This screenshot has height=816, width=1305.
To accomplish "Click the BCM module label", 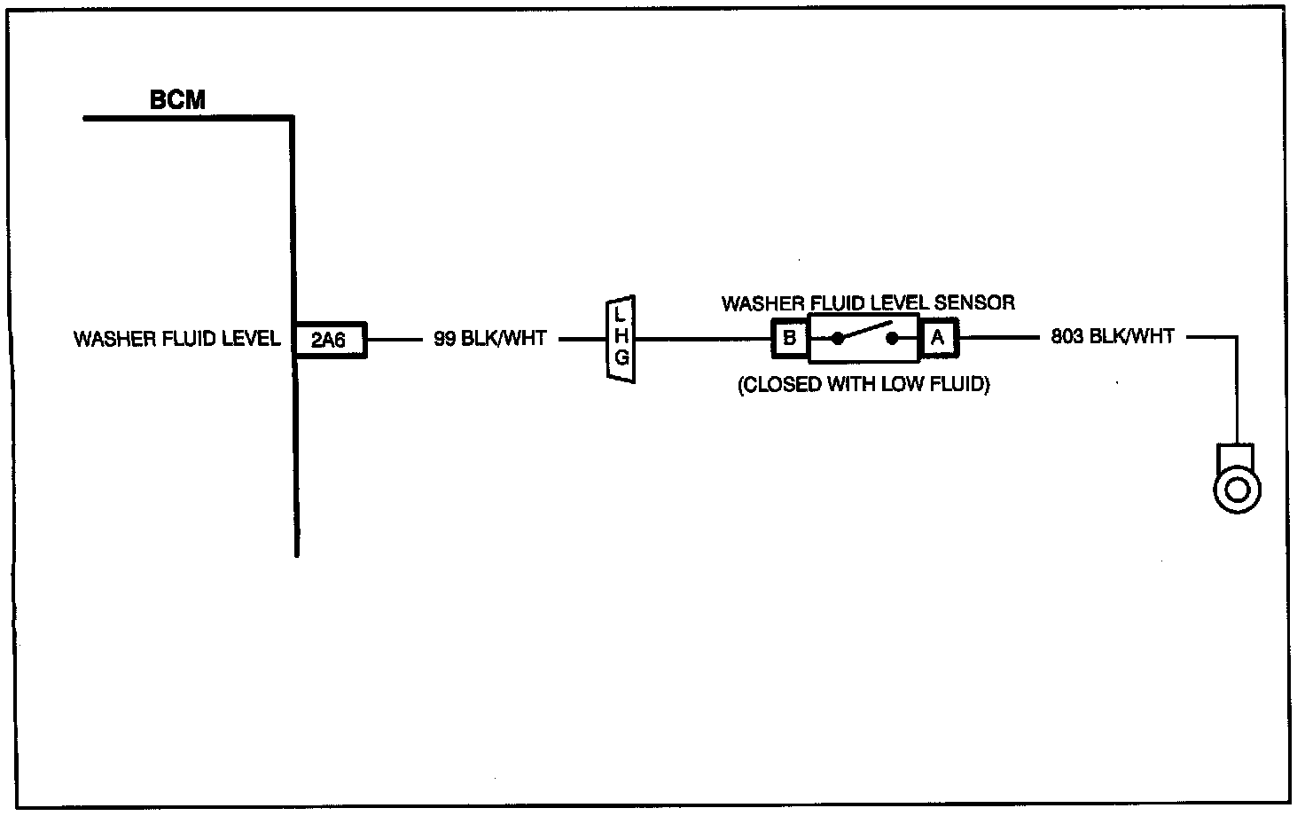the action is tap(177, 99).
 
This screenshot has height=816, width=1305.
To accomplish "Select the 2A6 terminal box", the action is tap(331, 340).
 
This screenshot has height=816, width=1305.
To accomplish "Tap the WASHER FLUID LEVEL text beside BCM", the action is tap(177, 339).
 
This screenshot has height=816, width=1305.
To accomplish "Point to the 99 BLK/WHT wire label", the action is tap(490, 338).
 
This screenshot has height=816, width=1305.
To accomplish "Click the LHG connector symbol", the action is tap(621, 339).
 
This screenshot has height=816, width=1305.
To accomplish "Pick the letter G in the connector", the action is tap(621, 357).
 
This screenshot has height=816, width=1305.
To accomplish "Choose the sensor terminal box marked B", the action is tap(790, 338).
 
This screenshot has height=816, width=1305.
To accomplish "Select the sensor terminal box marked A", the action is tap(938, 337).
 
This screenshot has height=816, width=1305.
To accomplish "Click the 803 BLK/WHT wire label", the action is tap(1112, 336).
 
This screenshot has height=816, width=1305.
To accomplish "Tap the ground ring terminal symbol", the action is tap(1237, 479).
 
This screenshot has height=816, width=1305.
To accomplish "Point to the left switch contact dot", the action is tap(837, 338).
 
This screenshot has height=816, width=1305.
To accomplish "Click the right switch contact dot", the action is tap(892, 338).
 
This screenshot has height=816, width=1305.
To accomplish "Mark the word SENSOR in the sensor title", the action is tap(974, 302).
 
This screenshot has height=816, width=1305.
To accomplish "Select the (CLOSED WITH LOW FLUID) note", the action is tap(864, 385).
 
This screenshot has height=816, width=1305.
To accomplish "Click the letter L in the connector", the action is tap(620, 316).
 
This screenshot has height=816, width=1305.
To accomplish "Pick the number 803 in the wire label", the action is tap(1067, 336).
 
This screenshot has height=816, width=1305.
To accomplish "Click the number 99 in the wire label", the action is tap(444, 338).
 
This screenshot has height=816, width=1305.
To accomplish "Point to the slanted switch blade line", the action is tap(864, 330).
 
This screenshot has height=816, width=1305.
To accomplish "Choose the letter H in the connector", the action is tap(621, 336).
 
